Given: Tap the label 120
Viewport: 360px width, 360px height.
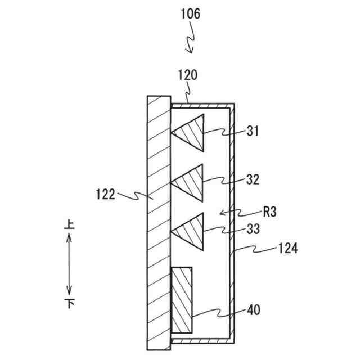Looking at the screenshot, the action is (187, 74).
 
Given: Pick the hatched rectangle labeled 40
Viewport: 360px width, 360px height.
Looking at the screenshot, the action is (182, 300).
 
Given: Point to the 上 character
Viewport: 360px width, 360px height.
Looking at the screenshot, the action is (70, 224).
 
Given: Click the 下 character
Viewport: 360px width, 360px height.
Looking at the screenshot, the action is (70, 304).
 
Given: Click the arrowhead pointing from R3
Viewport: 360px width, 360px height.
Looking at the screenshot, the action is (221, 213).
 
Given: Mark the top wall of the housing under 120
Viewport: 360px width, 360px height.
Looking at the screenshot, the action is (202, 105).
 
